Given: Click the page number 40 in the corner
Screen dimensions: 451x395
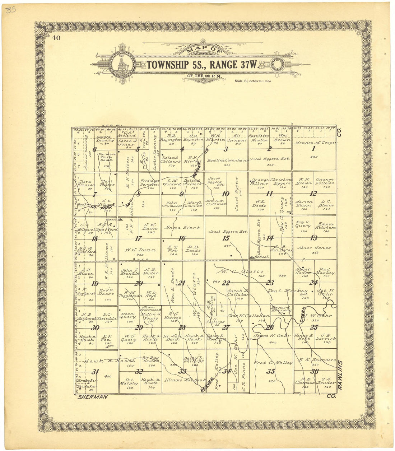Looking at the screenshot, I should click(56, 38).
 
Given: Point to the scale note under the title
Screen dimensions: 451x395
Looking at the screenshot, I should click(253, 81).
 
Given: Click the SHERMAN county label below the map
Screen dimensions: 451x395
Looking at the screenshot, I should click(93, 397).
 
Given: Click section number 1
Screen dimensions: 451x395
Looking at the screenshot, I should click(313, 149).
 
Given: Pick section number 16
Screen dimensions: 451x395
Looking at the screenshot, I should click(182, 238).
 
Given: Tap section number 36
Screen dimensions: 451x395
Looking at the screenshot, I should click(315, 372).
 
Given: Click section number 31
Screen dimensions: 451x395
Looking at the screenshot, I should click(95, 372).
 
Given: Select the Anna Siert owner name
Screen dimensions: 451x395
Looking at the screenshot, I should click(182, 228).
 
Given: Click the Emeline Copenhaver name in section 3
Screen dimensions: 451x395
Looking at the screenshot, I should click(227, 160).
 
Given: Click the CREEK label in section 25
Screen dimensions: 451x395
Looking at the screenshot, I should click(303, 312).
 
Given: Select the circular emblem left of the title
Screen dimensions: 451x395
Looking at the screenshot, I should click(122, 65).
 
